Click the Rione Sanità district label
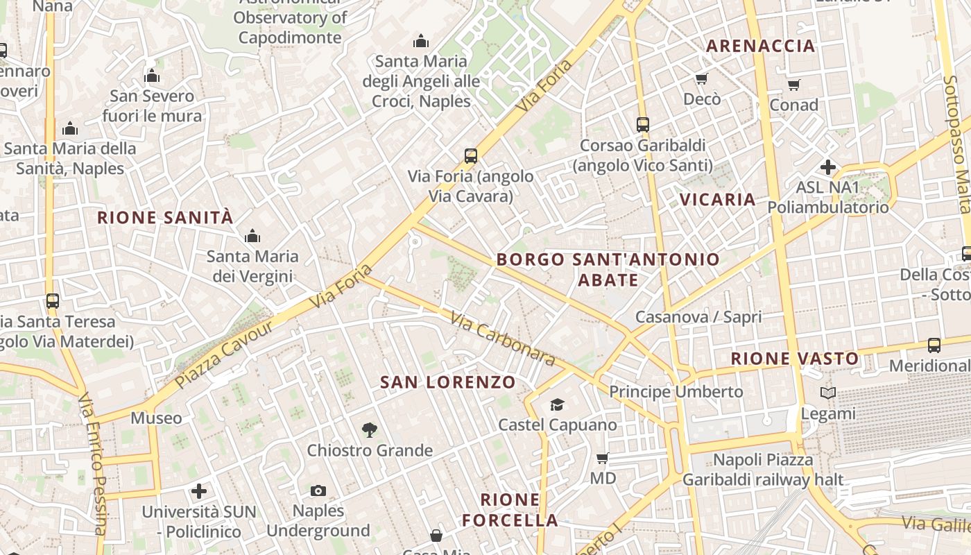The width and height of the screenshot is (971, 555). [x=165, y=217]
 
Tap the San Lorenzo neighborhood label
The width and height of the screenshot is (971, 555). [x=448, y=382]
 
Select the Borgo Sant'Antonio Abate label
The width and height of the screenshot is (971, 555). [x=608, y=270]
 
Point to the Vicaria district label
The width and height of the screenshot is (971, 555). [x=717, y=200]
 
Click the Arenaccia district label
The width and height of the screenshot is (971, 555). [x=760, y=46]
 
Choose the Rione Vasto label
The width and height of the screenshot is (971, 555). [x=795, y=359]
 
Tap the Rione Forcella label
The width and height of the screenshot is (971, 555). [x=510, y=510]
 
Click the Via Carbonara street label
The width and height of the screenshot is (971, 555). [x=503, y=339]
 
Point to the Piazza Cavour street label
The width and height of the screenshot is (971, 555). [x=215, y=355]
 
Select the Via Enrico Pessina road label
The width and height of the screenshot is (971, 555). [x=94, y=472]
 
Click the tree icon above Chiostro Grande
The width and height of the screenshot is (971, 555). [x=370, y=430]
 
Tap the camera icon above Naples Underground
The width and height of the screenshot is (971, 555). [x=318, y=491]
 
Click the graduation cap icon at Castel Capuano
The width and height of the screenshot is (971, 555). [x=557, y=404]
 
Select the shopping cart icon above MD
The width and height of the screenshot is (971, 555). [x=603, y=458]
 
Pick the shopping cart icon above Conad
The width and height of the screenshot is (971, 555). [x=793, y=85]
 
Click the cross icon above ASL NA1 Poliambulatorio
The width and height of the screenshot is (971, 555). [x=827, y=167]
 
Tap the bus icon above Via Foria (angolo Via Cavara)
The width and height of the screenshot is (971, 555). [x=471, y=155]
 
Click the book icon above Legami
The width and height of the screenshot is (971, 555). [x=828, y=393]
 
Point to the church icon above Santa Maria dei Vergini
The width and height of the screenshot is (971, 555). [x=252, y=236]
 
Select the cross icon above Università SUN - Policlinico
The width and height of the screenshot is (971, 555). [x=199, y=492]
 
